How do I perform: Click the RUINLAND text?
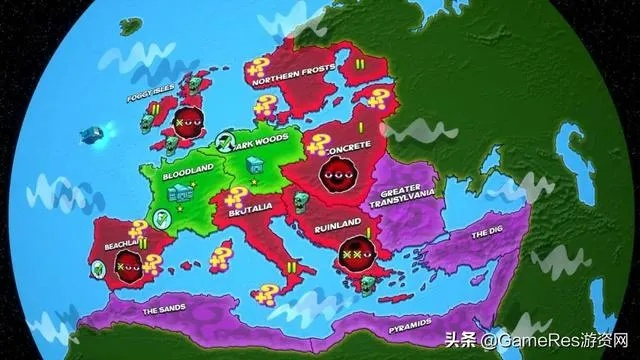[x=330, y=226]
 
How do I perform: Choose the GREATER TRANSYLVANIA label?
[x=407, y=197]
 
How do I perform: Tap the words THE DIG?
[x=487, y=233]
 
